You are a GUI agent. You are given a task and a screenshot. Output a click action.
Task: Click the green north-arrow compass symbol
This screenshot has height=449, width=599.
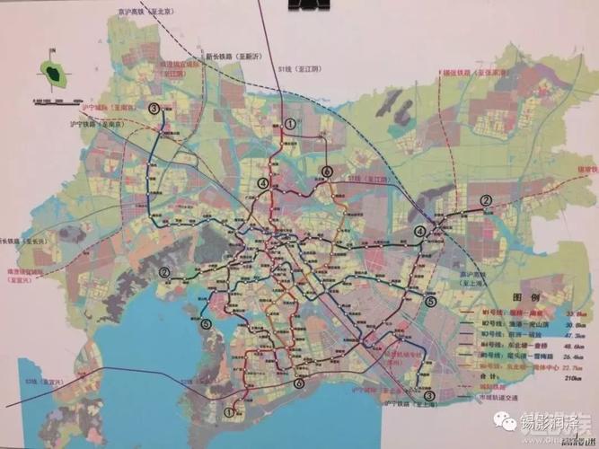click(x=55, y=72)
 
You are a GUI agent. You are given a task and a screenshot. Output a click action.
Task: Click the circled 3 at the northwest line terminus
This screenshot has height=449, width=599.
click(x=154, y=109)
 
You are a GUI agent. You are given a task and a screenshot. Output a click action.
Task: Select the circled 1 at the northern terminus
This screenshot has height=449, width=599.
click(x=289, y=124)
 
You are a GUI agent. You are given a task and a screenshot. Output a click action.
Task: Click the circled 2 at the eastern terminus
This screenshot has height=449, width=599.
click(x=485, y=200)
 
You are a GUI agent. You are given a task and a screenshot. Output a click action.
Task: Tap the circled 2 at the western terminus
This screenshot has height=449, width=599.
click(x=164, y=272)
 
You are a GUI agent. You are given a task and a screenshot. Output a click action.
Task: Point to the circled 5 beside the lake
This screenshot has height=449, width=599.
click(x=206, y=324)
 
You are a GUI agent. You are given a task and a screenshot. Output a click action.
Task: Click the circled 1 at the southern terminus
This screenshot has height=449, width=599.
click(x=228, y=413)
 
